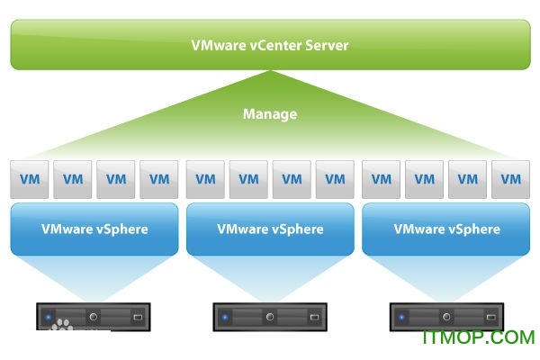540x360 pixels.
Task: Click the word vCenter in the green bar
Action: point(277,45)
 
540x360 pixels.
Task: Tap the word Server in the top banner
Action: point(326,45)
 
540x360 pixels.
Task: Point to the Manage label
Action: point(270,114)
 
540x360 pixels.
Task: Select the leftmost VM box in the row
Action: point(30,179)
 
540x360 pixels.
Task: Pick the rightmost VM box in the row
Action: point(511,179)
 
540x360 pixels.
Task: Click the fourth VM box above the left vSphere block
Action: point(159,179)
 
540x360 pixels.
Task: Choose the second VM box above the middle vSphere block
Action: point(248,179)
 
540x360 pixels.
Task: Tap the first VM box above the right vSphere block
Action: point(382,179)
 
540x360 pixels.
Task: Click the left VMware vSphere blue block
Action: point(94,229)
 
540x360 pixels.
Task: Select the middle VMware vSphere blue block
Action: point(270,229)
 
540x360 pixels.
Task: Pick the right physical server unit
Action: point(446,317)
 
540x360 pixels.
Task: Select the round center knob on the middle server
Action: point(270,317)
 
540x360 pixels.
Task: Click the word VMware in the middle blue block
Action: point(240,229)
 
